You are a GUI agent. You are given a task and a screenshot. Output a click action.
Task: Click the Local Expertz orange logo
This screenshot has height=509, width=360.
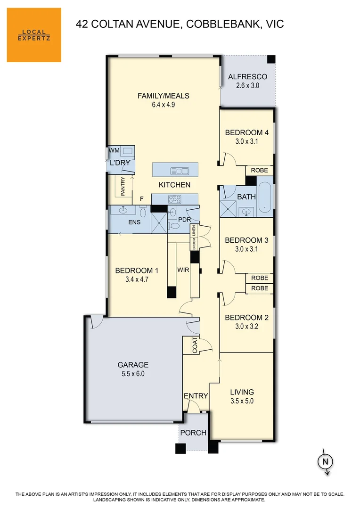[34, 35]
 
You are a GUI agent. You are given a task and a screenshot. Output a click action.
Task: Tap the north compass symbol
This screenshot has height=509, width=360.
[324, 462]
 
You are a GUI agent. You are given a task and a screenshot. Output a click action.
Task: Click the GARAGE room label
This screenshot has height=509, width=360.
[133, 364]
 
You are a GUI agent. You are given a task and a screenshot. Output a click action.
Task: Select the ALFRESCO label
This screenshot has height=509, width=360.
[247, 77]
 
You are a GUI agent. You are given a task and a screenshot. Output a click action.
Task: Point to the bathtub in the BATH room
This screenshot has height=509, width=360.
[265, 197]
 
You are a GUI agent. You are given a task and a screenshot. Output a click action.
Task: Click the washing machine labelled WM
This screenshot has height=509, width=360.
[126, 151]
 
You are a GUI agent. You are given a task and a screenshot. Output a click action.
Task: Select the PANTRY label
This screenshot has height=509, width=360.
[123, 186]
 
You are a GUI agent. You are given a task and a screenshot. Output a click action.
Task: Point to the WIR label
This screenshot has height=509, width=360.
[183, 271]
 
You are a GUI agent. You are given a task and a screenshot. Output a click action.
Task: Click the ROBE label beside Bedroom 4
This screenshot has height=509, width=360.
[259, 170]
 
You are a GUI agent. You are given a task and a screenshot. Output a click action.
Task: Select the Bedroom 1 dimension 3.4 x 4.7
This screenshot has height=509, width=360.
[137, 279]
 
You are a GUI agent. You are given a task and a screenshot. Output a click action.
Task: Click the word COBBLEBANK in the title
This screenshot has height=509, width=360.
[220, 24]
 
